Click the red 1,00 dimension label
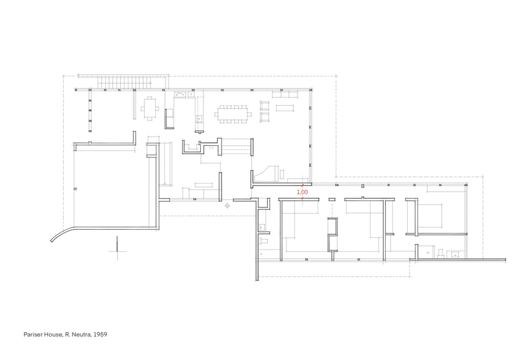point(302,192)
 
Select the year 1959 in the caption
point(100,334)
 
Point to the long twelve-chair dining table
point(233,114)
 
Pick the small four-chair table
point(150,108)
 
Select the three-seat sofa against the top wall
point(285,94)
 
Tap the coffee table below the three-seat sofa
point(285,108)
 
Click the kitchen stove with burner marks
point(180,94)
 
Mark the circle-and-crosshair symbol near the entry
point(227,206)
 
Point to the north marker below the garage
point(117,249)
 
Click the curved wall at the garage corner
point(62,233)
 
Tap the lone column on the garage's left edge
point(75,189)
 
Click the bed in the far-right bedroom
point(429,215)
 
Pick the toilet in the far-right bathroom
point(441,253)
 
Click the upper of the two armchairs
point(265,106)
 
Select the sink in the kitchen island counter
point(199,119)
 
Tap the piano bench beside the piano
point(282,174)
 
